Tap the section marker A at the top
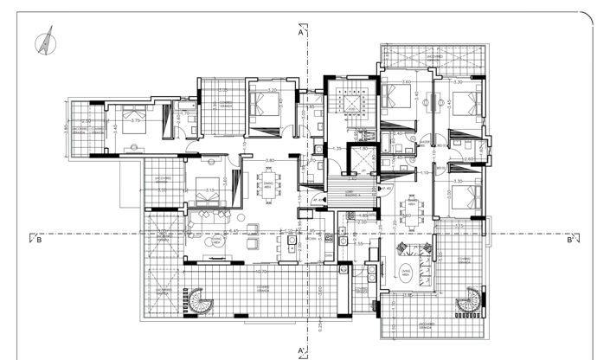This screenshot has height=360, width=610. coord(299,35)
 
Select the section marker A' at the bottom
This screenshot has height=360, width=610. coord(301,350)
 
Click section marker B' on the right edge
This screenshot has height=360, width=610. coord(570,241)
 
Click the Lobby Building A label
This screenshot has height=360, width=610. coord(352,195)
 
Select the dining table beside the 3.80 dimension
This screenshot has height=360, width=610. coord(269,184)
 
